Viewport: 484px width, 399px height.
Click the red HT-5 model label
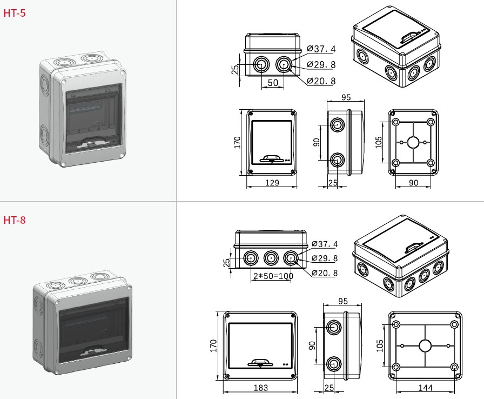15,13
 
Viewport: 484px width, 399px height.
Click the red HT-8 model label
15,220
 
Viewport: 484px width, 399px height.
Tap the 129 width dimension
272,183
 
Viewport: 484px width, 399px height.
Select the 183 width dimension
260,388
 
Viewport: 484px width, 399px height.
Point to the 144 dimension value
425,388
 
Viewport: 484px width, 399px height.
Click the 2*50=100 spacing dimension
273,276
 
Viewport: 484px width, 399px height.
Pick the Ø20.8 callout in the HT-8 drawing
324,273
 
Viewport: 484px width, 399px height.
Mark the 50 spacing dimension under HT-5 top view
273,83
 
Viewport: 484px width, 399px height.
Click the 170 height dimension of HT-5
237,142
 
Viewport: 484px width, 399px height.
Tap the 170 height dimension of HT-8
213,346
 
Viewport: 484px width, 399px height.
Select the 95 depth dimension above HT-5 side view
346,97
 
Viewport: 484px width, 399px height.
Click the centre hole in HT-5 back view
413,143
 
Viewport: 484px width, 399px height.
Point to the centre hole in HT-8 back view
425,345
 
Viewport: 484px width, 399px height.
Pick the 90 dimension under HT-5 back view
413,183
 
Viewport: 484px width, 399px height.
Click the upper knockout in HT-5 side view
337,125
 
